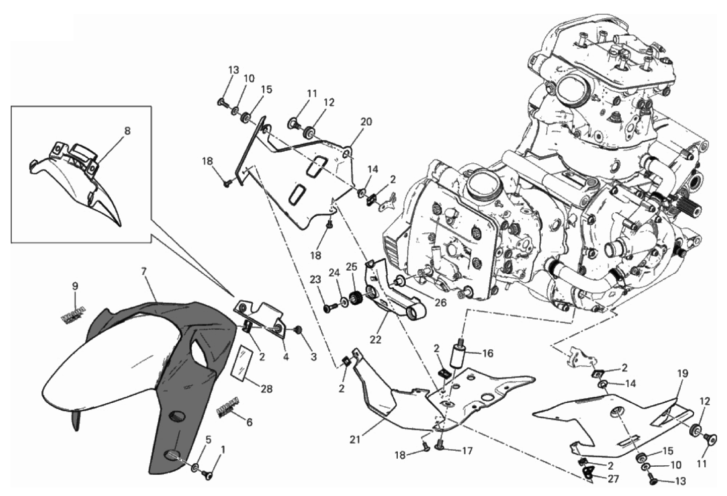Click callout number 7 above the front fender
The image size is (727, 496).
(x=143, y=272)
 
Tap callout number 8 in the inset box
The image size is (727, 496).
(x=127, y=131)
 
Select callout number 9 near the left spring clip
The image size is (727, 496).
(x=75, y=286)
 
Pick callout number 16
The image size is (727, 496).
(x=488, y=353)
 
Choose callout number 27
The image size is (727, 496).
(x=613, y=479)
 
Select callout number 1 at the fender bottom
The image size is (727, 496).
(x=223, y=449)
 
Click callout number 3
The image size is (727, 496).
(x=313, y=357)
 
